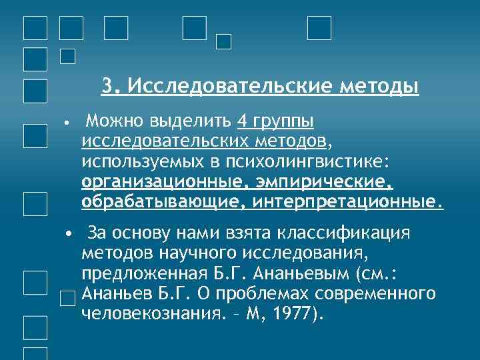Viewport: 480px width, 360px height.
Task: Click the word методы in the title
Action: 379,87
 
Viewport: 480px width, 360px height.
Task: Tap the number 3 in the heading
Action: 109,87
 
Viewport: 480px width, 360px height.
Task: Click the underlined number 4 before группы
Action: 241,121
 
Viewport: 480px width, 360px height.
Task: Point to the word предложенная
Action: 137,274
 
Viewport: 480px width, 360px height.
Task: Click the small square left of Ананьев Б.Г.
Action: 67,298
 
